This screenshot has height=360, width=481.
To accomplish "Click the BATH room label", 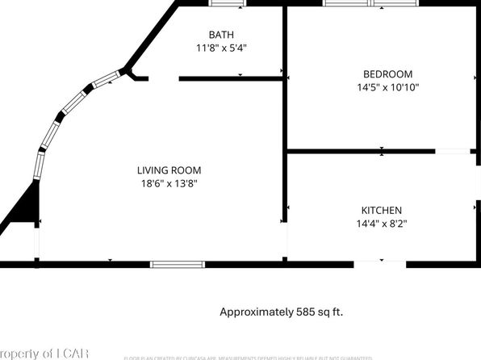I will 221,35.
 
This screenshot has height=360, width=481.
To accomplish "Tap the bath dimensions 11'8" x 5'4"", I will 221,48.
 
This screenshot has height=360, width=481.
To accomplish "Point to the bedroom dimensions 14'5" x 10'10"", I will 387,87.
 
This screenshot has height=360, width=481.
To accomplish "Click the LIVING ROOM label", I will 169,170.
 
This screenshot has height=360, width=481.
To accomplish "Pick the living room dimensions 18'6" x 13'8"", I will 169,183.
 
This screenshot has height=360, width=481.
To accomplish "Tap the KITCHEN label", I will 382,211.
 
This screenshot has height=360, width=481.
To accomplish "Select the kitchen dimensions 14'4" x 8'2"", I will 382,224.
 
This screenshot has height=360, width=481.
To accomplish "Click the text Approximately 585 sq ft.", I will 287,311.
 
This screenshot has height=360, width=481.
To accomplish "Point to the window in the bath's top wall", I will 226,3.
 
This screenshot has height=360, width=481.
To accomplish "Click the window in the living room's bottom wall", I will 178,263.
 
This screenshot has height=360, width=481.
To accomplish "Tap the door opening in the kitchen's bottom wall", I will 380,263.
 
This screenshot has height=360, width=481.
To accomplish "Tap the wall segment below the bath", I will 230,78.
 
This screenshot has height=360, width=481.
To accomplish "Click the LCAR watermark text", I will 48,353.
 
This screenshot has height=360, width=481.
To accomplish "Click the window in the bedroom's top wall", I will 371,3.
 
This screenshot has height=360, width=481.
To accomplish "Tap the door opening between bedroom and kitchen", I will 453,151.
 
